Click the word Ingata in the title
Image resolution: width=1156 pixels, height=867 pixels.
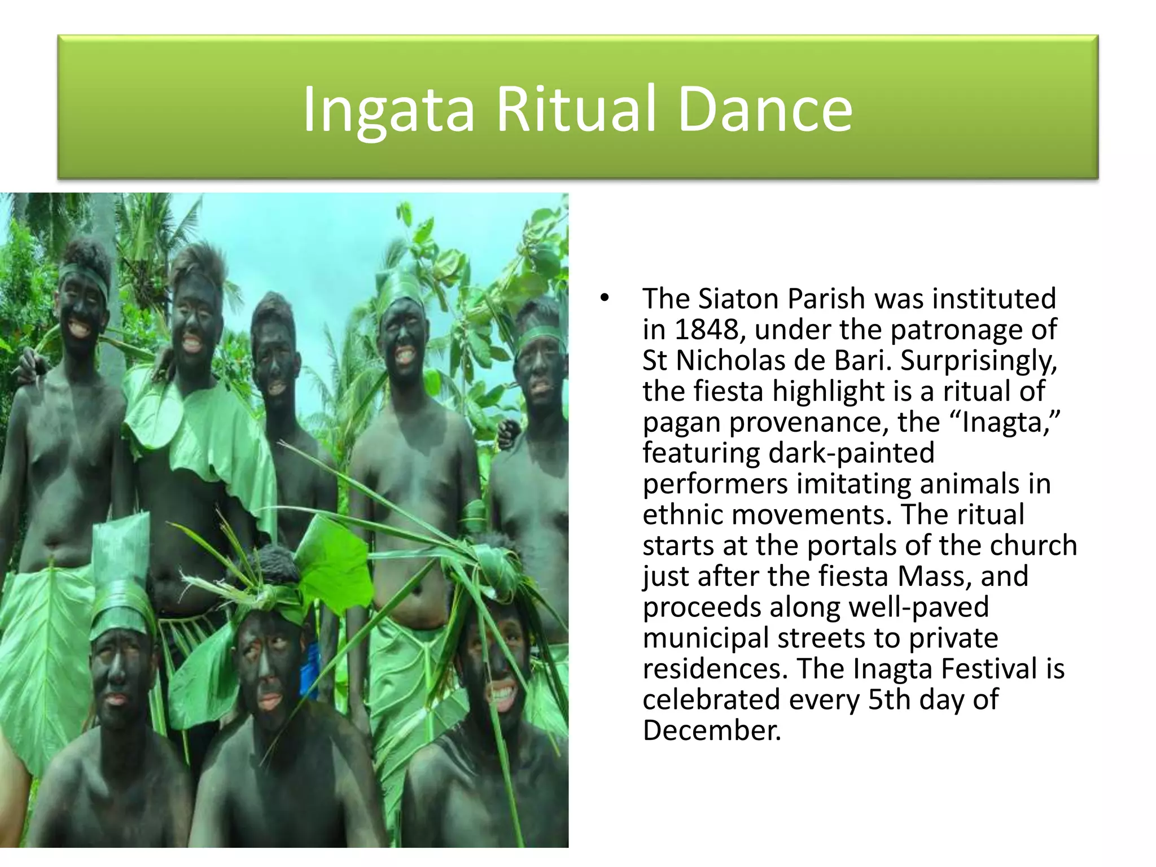[388, 110]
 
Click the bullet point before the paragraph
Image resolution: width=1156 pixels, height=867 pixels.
[605, 298]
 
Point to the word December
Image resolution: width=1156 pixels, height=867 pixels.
[711, 730]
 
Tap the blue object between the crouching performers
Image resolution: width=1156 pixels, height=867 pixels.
[309, 672]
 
